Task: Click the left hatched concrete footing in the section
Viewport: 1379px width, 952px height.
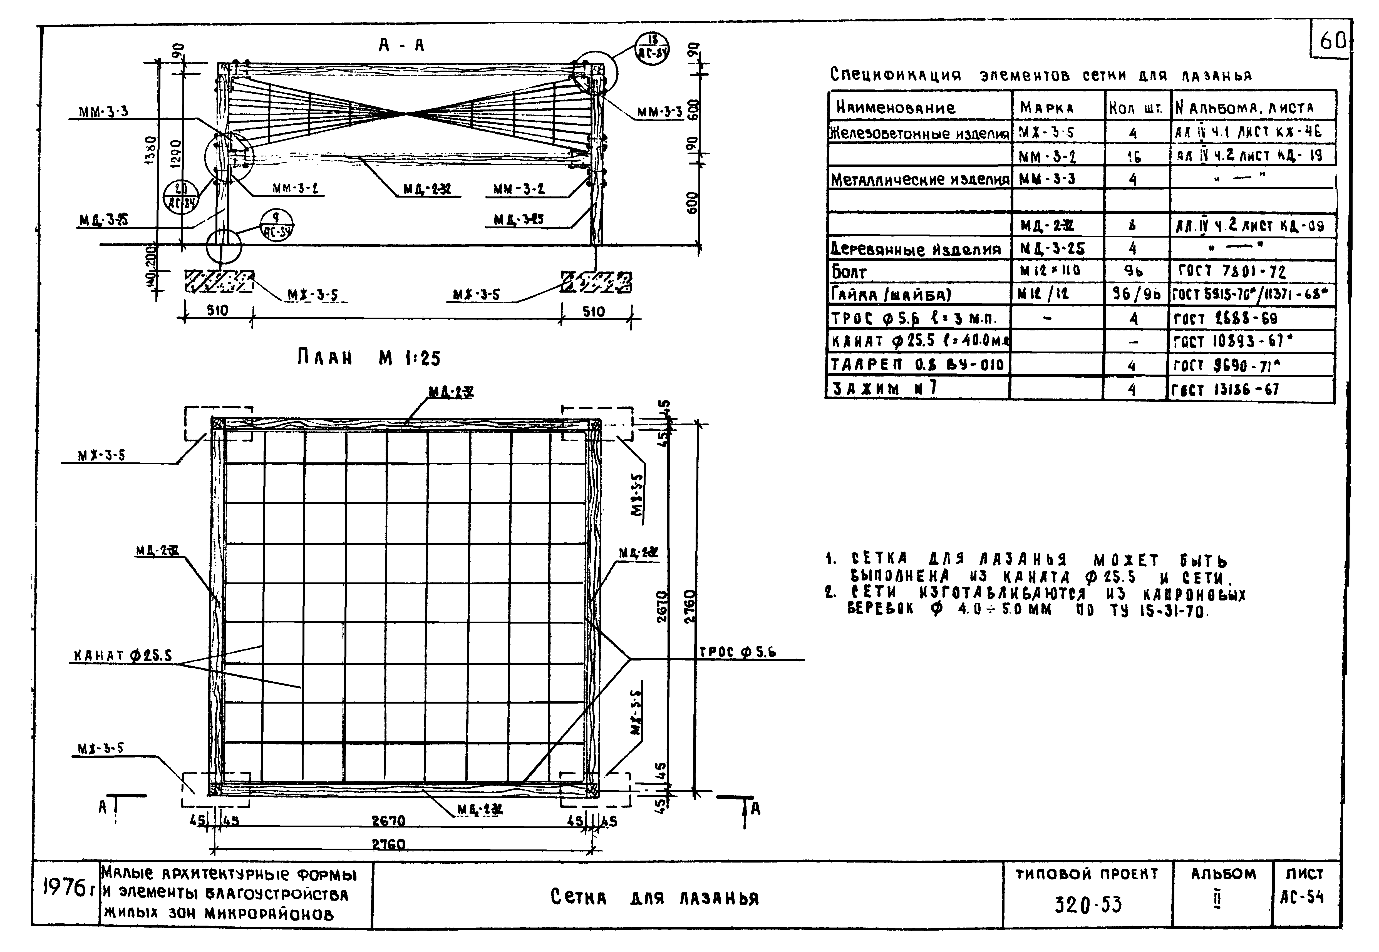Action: click(219, 281)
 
